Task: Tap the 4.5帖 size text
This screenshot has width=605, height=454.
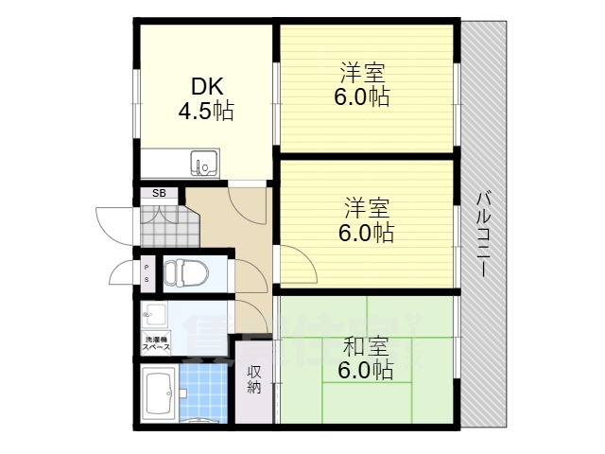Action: click(x=206, y=112)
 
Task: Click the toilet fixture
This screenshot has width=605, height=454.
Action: click(x=185, y=273)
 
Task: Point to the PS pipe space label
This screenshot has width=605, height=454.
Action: click(x=147, y=273)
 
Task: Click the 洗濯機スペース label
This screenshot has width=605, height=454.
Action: click(x=156, y=342)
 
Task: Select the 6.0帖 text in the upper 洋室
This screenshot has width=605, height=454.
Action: click(x=361, y=96)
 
